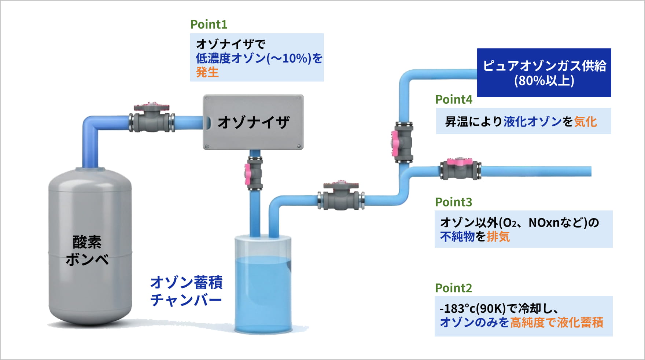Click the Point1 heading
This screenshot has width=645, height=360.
click(x=209, y=25)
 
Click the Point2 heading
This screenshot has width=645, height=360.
click(x=453, y=288)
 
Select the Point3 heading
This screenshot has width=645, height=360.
click(x=453, y=202)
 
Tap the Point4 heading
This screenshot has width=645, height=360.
click(x=454, y=100)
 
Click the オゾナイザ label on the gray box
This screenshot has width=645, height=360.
click(x=254, y=122)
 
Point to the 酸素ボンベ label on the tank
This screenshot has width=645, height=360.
click(x=87, y=250)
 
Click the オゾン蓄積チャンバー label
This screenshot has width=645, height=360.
click(x=186, y=291)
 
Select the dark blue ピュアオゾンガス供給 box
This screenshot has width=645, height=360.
click(x=544, y=73)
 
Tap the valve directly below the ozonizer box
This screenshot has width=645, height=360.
click(x=254, y=173)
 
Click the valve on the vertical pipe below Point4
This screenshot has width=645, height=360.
click(x=403, y=142)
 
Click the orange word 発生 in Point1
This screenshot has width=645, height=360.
click(x=207, y=73)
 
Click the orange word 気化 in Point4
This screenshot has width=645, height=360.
click(x=585, y=122)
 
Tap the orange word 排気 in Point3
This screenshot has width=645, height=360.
click(x=498, y=237)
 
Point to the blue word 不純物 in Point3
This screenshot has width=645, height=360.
click(x=457, y=237)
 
